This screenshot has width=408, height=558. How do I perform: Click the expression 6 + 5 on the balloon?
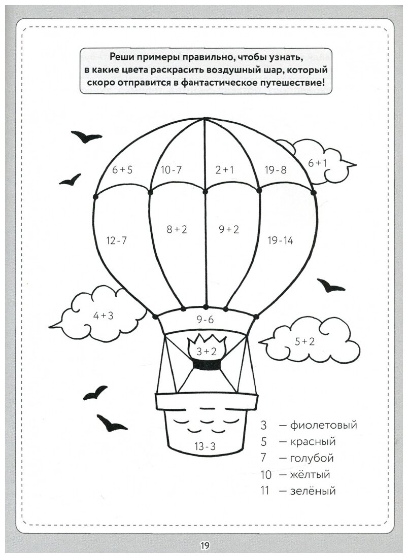point(122,170)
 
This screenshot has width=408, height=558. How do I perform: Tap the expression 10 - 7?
point(171,170)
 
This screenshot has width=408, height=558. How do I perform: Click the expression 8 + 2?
point(177,229)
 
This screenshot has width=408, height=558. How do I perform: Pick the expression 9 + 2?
point(228,229)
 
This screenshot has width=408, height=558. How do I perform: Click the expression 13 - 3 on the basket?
point(205,446)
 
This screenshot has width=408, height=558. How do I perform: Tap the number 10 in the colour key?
point(266,475)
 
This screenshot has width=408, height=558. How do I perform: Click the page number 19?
point(204,546)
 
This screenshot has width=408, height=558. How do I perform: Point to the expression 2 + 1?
point(224,170)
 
